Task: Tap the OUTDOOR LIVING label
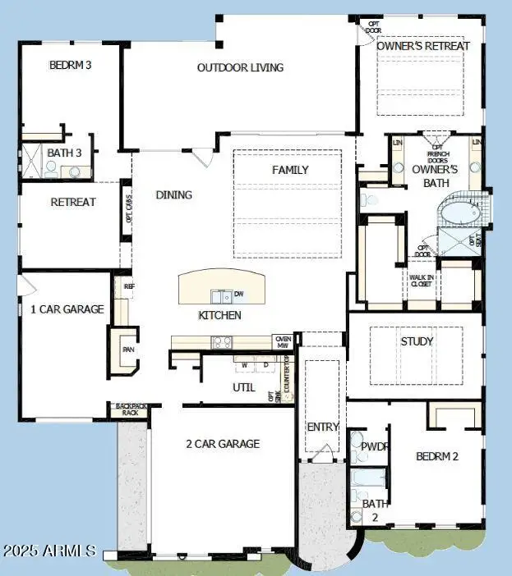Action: point(240,67)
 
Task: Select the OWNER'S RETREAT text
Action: point(423,46)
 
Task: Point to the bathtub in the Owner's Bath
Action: point(459,213)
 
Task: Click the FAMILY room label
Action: point(290,170)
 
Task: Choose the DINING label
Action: point(173,195)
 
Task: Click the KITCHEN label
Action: point(219,315)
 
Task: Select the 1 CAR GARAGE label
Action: point(67,309)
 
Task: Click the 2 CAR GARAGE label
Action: point(222,444)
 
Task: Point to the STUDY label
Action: point(417,341)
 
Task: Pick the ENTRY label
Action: point(322,427)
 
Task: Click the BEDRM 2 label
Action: point(436,456)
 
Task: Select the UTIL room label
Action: point(244,387)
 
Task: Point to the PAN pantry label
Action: point(127,349)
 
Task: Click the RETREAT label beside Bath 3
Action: point(73,202)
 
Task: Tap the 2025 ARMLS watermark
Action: point(48,551)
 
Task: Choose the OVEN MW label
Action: point(284,341)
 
